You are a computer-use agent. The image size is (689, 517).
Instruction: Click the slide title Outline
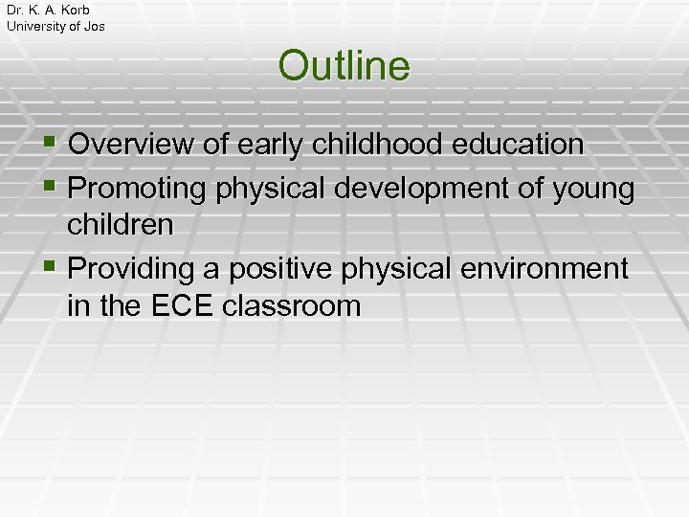coord(344,66)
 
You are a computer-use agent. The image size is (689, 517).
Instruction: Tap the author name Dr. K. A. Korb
coord(48,10)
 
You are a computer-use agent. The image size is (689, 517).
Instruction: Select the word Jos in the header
coord(93,26)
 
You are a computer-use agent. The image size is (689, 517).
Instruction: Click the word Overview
coord(132,145)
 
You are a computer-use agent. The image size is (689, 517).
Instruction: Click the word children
coord(121,225)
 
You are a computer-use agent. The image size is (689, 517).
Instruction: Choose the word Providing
coord(135,270)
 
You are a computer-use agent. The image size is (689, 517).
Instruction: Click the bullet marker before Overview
coord(50,145)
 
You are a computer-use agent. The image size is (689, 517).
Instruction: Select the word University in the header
coord(37,26)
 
